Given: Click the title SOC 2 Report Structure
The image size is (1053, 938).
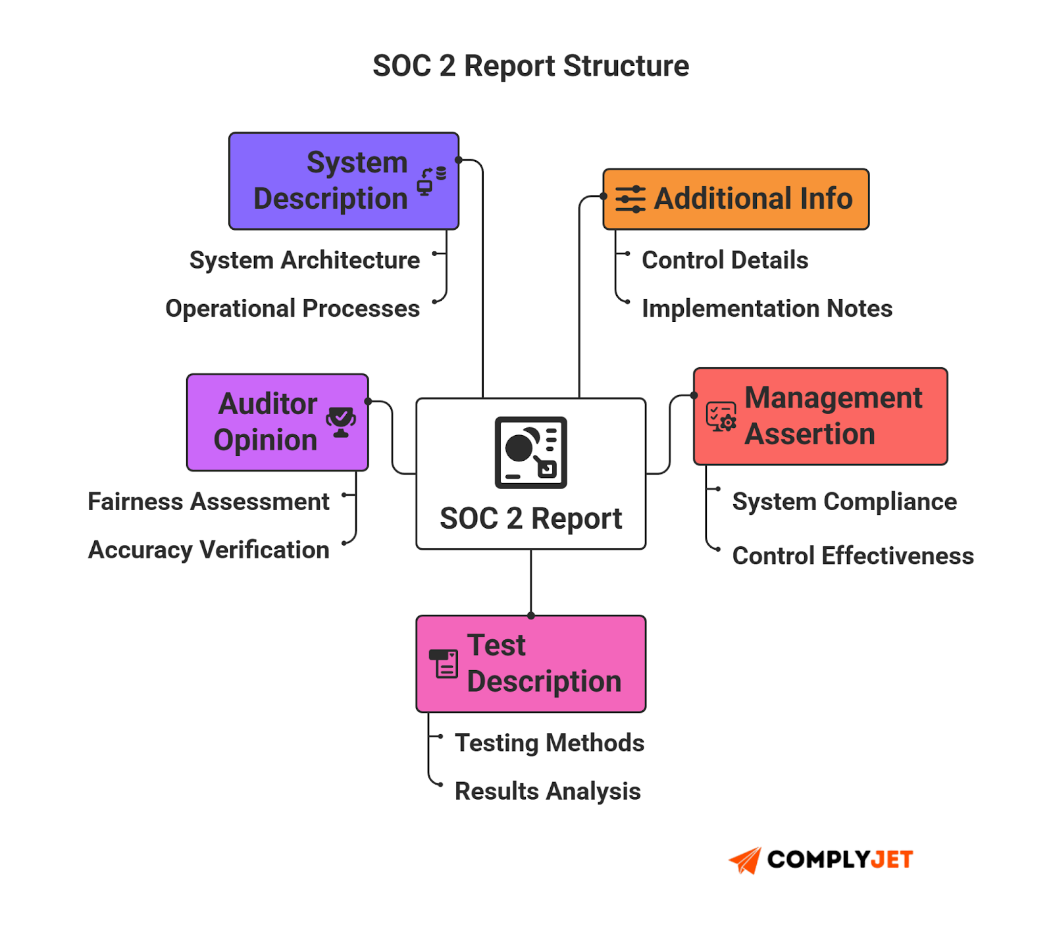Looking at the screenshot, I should tap(530, 66).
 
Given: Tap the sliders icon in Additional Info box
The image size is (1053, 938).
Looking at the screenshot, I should tap(630, 199).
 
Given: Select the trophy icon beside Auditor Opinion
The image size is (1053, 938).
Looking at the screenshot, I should tap(341, 422).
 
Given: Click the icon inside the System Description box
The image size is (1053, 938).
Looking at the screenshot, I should tap(432, 181).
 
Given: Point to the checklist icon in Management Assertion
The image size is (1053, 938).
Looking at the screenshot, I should tap(721, 417).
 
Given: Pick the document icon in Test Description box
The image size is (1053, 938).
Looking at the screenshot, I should tap(444, 664).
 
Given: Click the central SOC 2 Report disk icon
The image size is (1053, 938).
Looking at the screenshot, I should tap(530, 452).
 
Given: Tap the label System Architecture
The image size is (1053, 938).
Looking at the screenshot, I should tap(304, 260).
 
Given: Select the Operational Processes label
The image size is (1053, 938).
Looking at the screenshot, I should tap(292, 308).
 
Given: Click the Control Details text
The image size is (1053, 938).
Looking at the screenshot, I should tap(725, 260).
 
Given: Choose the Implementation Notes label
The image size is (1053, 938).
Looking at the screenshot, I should tap(767, 308).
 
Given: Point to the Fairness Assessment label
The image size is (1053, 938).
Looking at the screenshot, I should tap(208, 502).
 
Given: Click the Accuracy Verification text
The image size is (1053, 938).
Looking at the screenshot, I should tap(209, 550).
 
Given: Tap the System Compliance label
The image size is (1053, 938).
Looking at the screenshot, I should tap(844, 502).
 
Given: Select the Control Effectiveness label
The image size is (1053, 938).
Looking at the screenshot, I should tap(853, 556).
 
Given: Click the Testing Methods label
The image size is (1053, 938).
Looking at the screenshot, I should tap(550, 743).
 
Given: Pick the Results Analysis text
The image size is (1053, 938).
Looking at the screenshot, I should tap(548, 791).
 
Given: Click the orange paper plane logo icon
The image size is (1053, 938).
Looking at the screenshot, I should tap(745, 860).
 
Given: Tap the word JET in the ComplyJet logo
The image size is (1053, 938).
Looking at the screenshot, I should tap(892, 860).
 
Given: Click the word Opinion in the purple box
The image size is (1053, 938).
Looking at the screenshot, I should tap(265, 440).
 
